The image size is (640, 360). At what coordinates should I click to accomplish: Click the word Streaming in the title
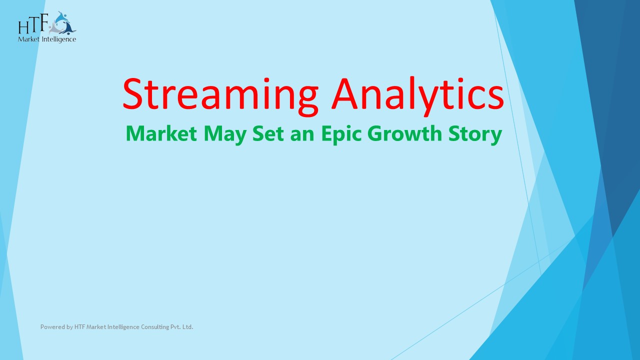pyautogui.click(x=220, y=95)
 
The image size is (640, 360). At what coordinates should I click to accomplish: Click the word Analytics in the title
pyautogui.click(x=417, y=95)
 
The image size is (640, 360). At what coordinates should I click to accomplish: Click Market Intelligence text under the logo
pyautogui.click(x=47, y=39)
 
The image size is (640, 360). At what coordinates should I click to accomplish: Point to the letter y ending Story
pyautogui.click(x=495, y=136)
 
